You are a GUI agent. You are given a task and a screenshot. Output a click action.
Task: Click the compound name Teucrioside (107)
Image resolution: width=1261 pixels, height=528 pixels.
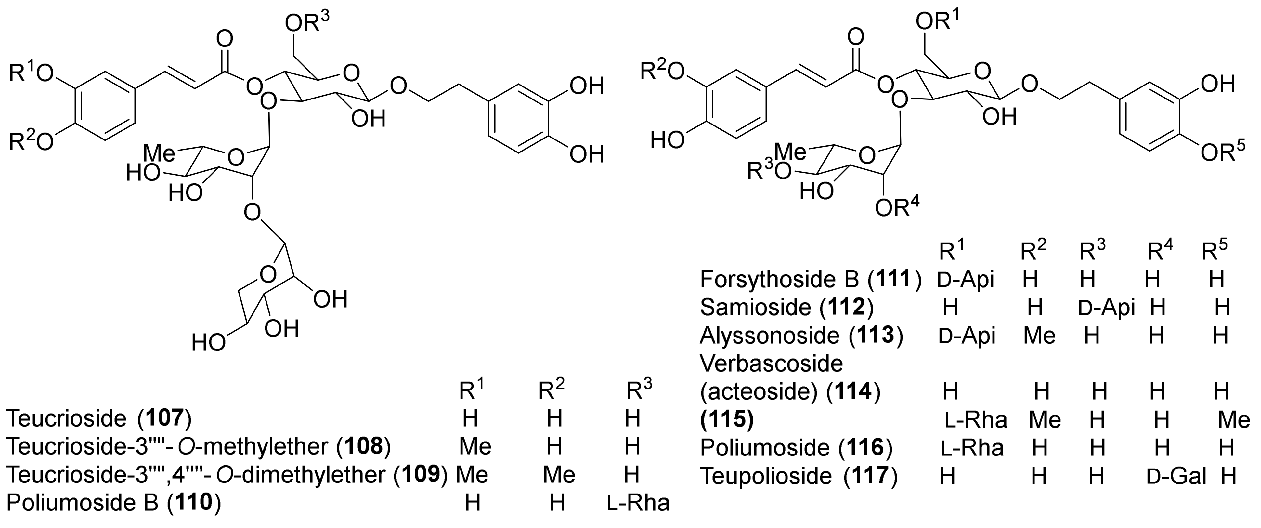[98, 419]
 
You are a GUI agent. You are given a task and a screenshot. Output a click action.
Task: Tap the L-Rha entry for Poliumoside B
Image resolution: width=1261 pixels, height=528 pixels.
[638, 503]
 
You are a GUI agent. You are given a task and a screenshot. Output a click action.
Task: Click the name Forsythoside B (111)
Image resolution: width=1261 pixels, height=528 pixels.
[811, 279]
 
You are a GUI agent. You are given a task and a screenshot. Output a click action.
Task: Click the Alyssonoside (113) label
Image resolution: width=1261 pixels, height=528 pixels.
[801, 336]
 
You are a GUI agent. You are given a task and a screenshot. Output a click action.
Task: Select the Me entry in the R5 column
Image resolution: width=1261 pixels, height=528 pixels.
[1234, 420]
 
